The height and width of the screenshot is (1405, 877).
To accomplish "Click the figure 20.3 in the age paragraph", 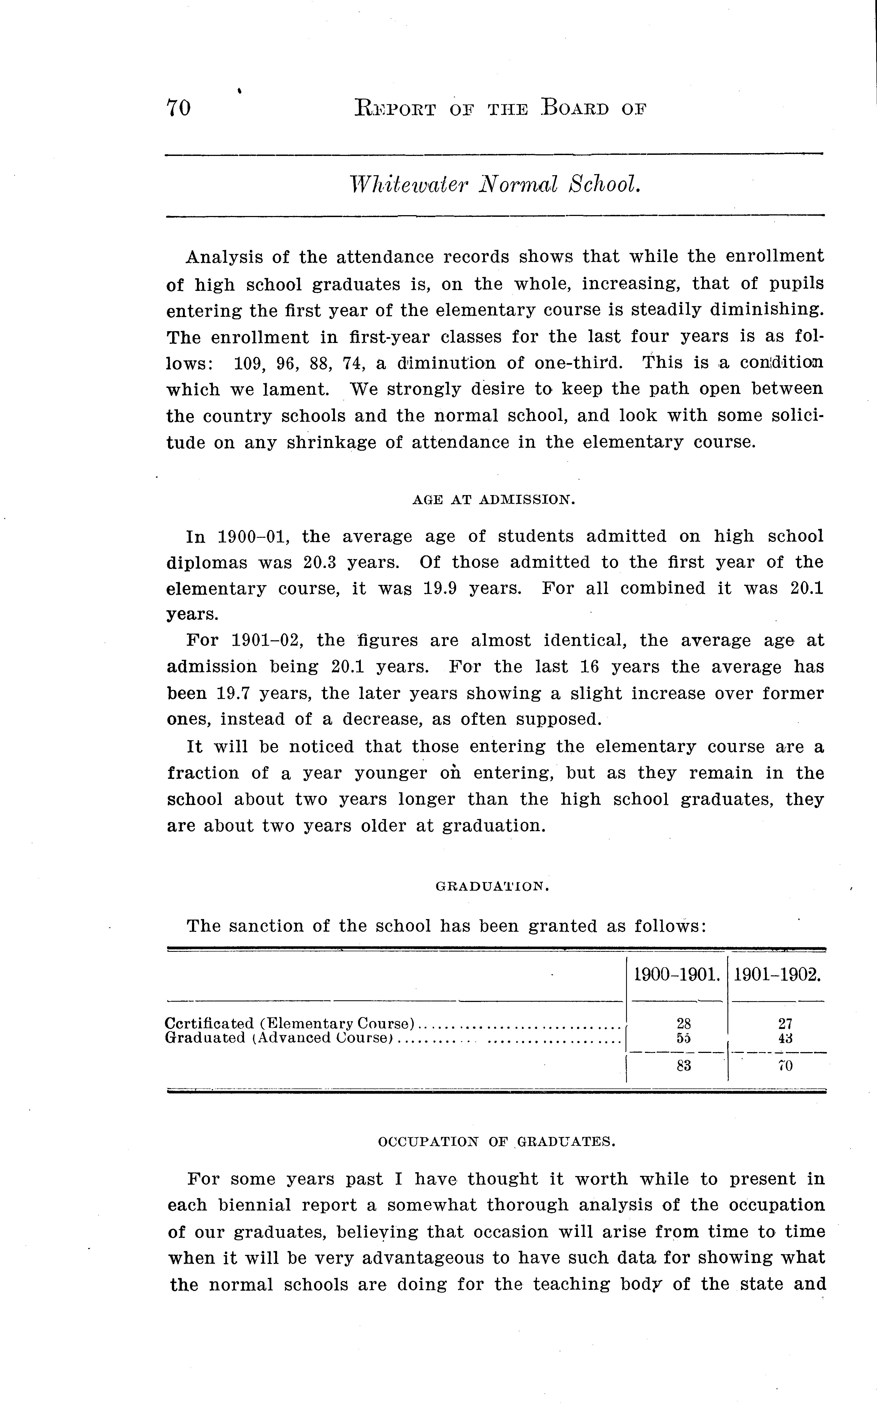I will pyautogui.click(x=318, y=563).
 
